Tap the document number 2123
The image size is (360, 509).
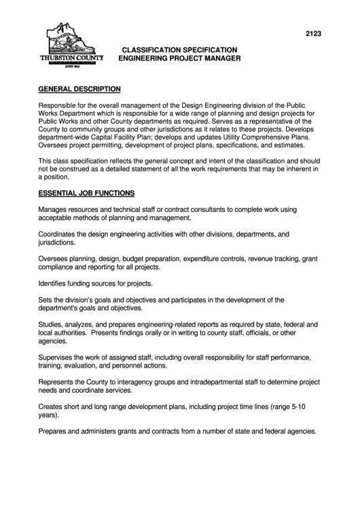pos(313,32)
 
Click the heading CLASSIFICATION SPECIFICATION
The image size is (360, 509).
pos(179,50)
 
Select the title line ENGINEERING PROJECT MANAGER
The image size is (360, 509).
pos(179,59)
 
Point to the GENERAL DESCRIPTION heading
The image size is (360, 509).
pos(79,89)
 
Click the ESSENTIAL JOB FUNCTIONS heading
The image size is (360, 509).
pos(86,193)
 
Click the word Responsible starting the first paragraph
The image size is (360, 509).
pos(58,107)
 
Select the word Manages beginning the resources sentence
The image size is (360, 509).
pos(54,210)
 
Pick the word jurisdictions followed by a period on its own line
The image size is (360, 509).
pos(56,242)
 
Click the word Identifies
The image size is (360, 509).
pos(54,283)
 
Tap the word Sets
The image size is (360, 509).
pos(46,299)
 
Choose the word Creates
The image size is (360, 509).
pos(52,406)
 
